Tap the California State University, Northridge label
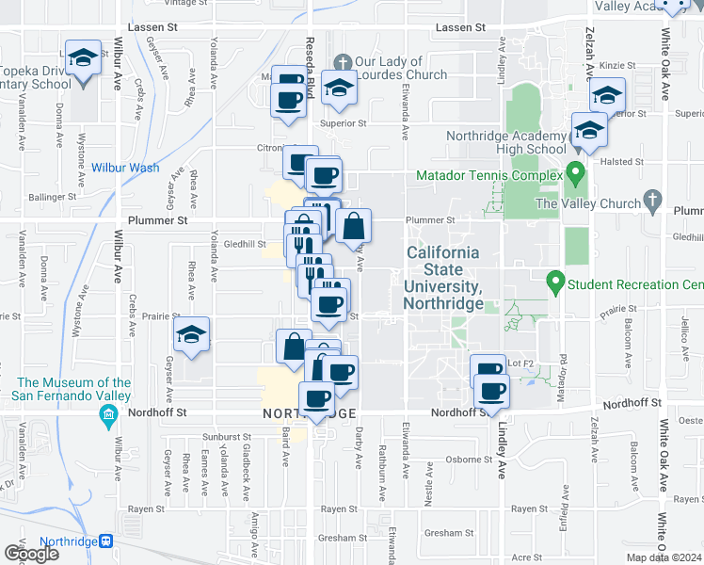[x=443, y=279]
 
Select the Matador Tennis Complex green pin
[x=577, y=174]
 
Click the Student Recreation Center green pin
[x=555, y=282]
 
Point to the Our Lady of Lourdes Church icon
[x=344, y=61]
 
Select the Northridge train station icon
[x=106, y=542]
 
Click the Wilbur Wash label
[x=125, y=169]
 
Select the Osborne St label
[x=463, y=460]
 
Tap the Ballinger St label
[x=52, y=198]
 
